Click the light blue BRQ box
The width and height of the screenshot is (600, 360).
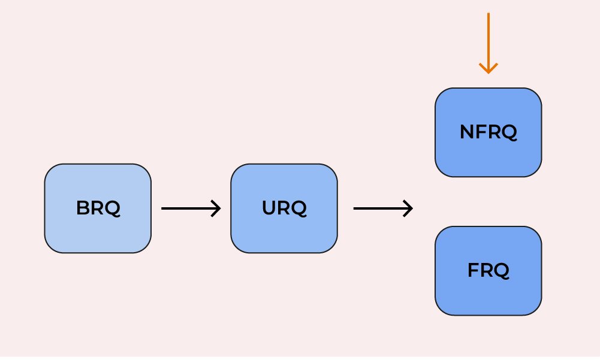click(98, 208)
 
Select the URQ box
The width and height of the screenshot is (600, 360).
click(284, 208)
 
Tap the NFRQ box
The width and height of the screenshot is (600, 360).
click(489, 132)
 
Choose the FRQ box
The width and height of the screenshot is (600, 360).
click(489, 271)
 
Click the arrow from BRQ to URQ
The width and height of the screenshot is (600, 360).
click(191, 208)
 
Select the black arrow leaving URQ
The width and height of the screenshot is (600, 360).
click(383, 208)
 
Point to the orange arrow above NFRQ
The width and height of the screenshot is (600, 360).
click(489, 43)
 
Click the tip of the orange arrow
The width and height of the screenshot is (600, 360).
click(489, 74)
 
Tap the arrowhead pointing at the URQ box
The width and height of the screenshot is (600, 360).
click(216, 208)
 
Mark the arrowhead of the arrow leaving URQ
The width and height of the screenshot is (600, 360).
click(409, 208)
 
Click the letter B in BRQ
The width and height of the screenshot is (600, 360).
click(83, 208)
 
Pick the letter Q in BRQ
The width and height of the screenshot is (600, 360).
click(113, 209)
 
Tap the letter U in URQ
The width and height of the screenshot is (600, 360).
click(269, 208)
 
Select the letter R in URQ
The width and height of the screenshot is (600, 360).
click(284, 208)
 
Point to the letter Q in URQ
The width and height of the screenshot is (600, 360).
click(299, 209)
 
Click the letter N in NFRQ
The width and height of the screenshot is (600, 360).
click(467, 132)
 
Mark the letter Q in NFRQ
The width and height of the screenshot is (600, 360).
click(509, 133)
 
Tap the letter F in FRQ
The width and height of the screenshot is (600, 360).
click(474, 271)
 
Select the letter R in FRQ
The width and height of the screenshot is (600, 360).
click(487, 271)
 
